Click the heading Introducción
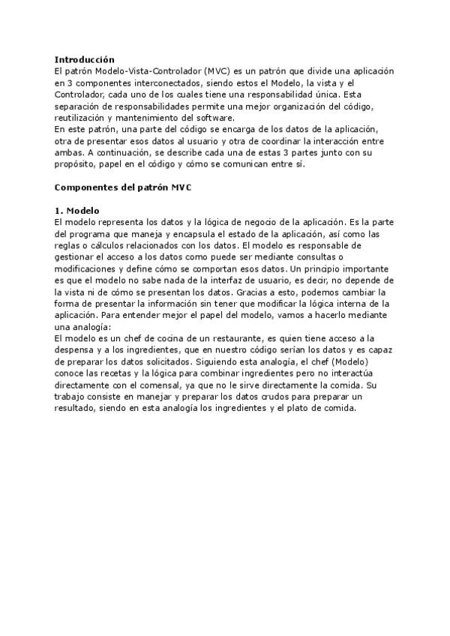pos(85,59)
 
